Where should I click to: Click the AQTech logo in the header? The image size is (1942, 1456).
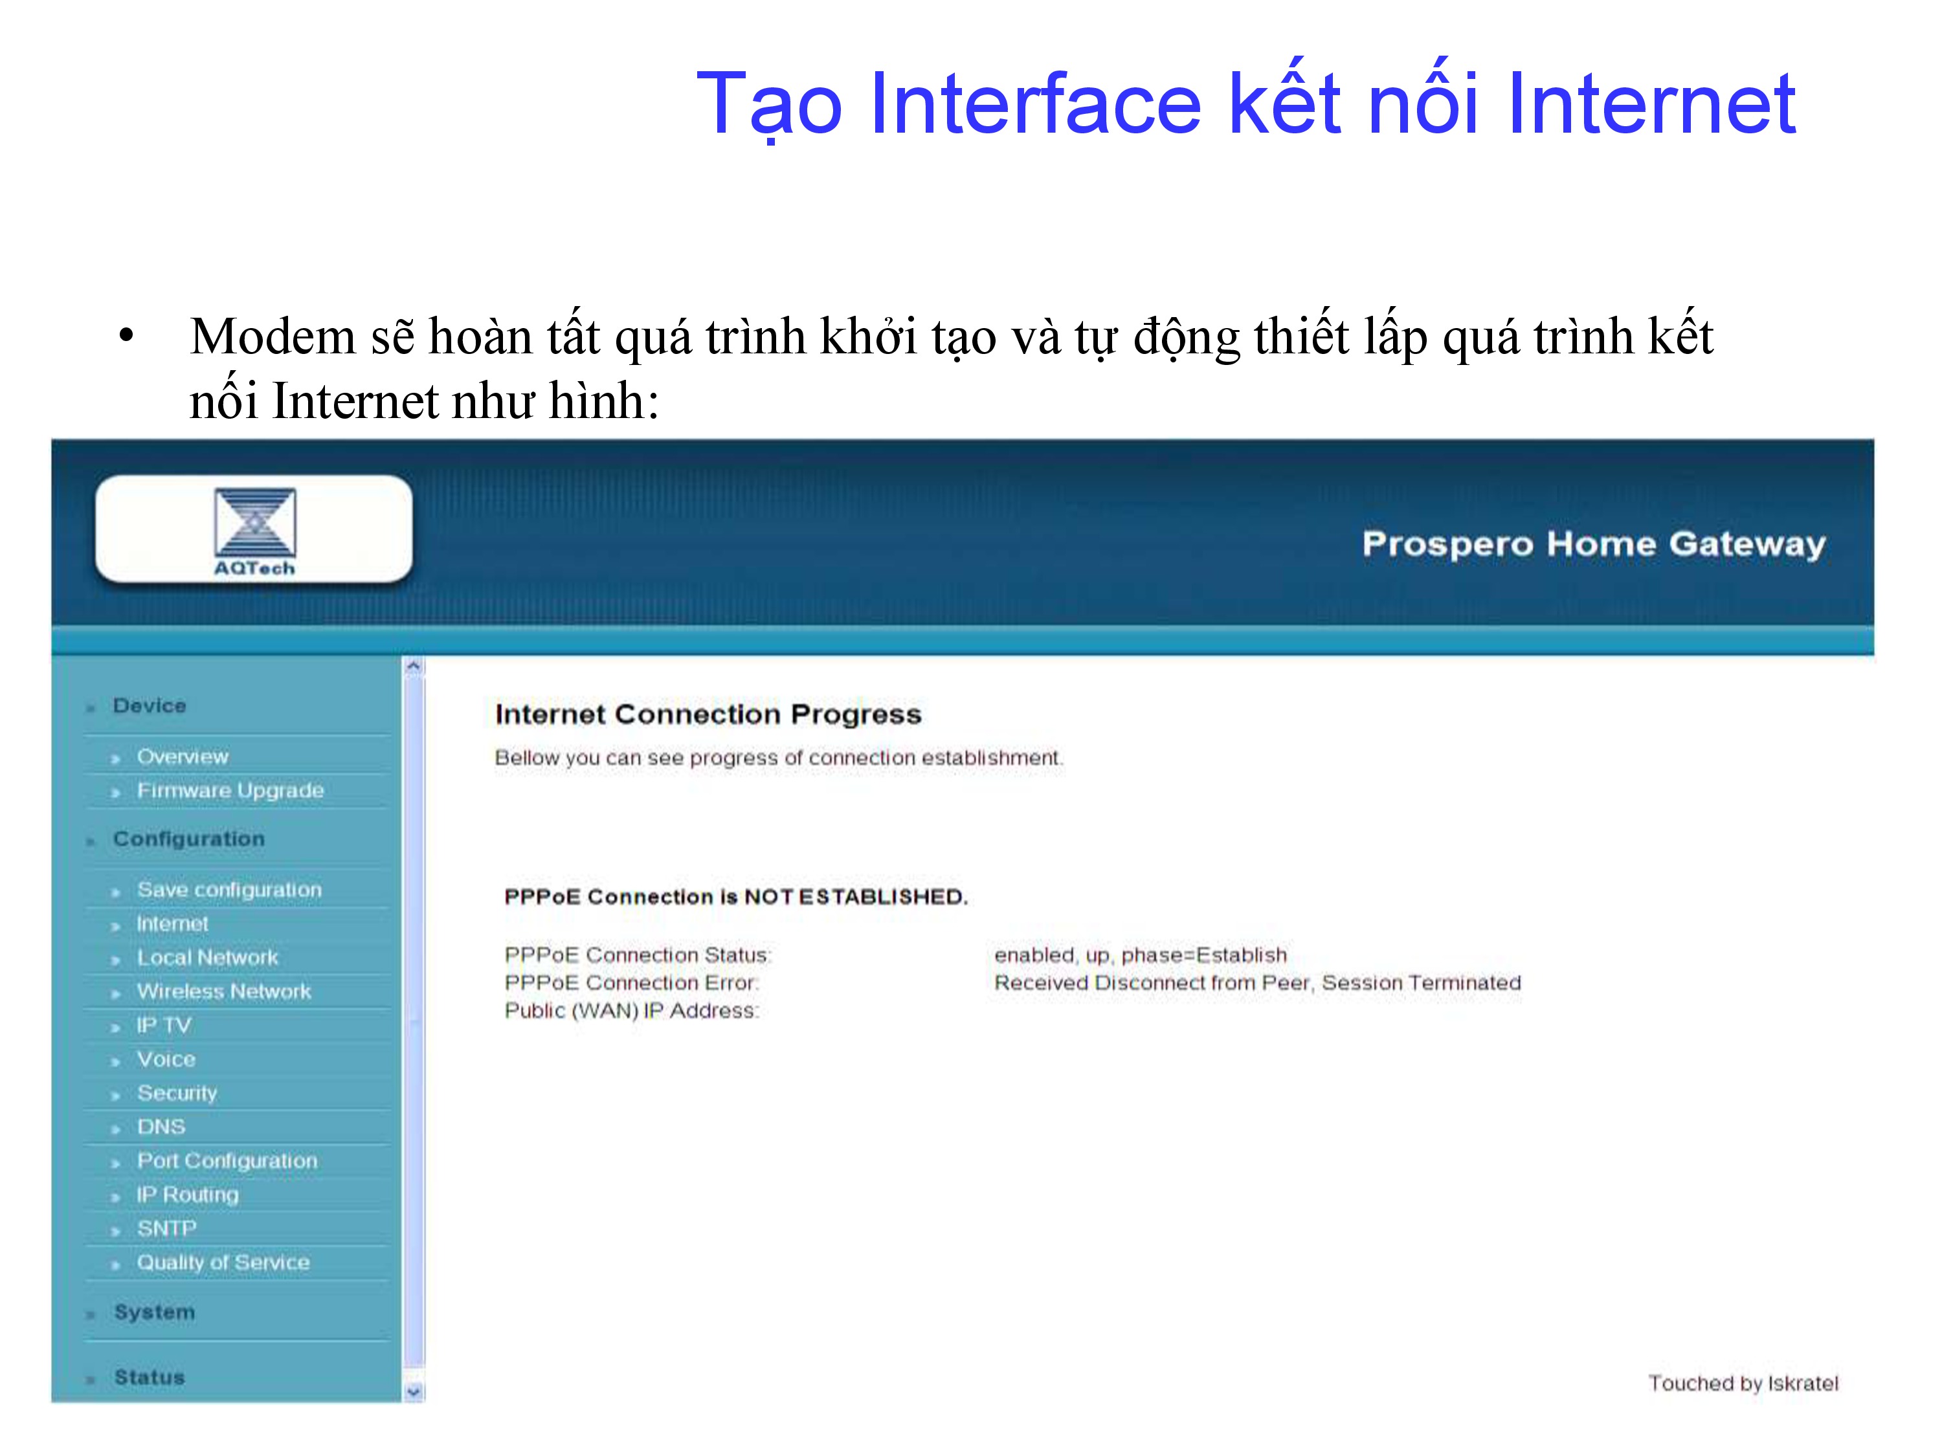[254, 532]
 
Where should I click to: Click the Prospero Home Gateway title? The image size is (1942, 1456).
[1594, 544]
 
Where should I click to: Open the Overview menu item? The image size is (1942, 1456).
[183, 756]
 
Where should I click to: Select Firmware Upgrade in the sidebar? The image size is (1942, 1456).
[230, 791]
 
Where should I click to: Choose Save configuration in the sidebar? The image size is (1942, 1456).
[229, 890]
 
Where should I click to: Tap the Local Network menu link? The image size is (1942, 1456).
[207, 958]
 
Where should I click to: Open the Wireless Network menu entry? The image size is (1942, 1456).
[224, 992]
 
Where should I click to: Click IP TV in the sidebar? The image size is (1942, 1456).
[163, 1025]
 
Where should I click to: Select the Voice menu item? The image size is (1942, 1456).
[166, 1059]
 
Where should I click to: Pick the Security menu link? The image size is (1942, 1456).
[177, 1094]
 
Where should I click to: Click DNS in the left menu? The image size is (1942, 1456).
[161, 1127]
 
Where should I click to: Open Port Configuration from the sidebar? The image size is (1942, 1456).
[227, 1161]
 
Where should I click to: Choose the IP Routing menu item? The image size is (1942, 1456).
[187, 1195]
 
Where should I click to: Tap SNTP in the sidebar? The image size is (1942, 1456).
[166, 1229]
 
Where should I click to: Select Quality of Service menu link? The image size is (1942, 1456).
[223, 1263]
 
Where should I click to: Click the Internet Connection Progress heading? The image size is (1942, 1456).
[708, 715]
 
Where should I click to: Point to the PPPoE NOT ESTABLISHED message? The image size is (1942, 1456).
[736, 897]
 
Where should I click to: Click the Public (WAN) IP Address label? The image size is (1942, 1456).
[631, 1011]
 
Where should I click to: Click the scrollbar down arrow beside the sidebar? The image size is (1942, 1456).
[414, 1392]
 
